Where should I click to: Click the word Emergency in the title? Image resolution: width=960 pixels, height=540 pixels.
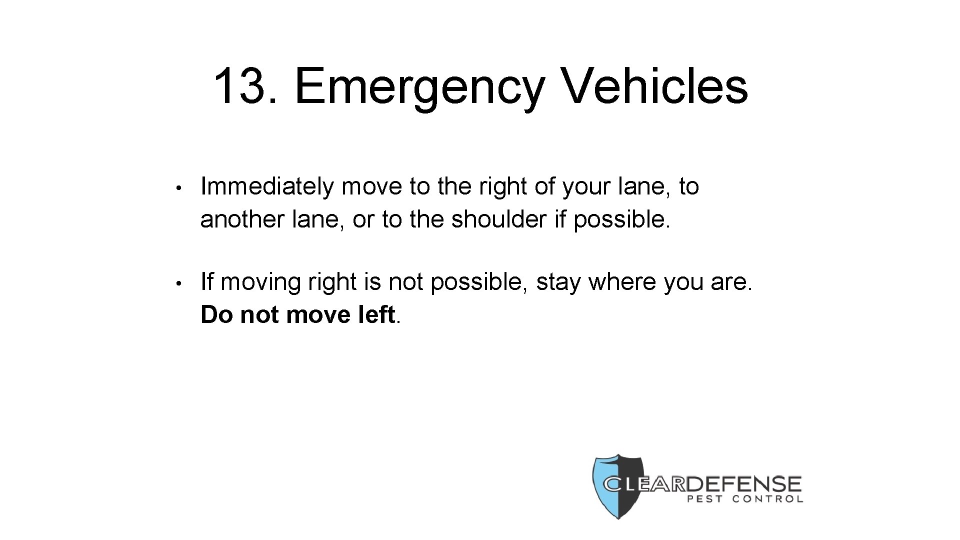click(x=419, y=87)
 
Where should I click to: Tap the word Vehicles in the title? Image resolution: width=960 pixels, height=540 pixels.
click(x=655, y=86)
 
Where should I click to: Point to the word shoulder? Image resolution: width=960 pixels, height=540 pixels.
click(x=497, y=219)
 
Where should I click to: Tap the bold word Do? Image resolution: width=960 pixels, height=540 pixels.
click(x=217, y=315)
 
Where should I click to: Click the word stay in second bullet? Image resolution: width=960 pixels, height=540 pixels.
click(x=558, y=283)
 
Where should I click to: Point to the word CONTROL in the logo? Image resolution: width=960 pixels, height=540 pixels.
click(x=767, y=499)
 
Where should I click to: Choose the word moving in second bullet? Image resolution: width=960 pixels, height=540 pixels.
click(x=261, y=283)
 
